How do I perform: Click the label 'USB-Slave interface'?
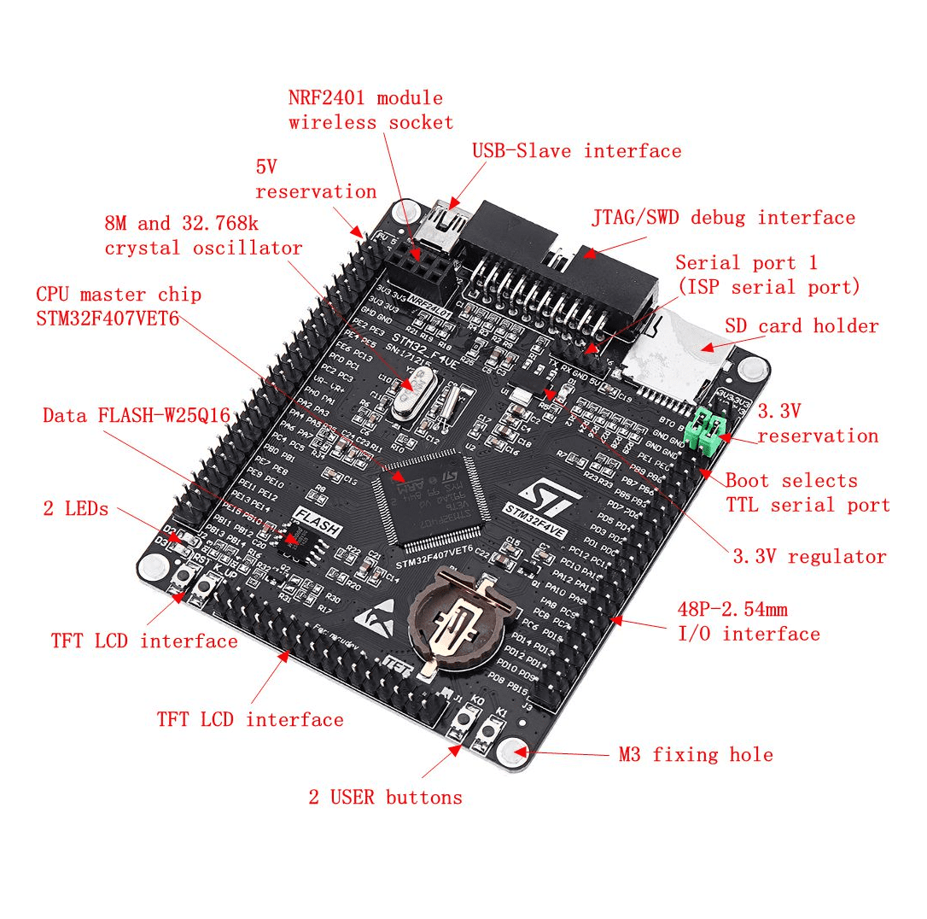click(577, 151)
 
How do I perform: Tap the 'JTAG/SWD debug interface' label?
click(723, 218)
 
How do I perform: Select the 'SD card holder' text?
click(802, 326)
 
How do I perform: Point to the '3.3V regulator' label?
click(809, 557)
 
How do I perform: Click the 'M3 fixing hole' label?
click(696, 755)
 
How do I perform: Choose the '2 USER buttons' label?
click(385, 798)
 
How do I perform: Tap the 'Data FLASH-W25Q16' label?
click(137, 416)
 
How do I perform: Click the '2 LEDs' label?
click(76, 509)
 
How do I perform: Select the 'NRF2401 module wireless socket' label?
click(370, 110)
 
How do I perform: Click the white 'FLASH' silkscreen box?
click(317, 521)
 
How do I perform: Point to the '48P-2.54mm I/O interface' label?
click(748, 622)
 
